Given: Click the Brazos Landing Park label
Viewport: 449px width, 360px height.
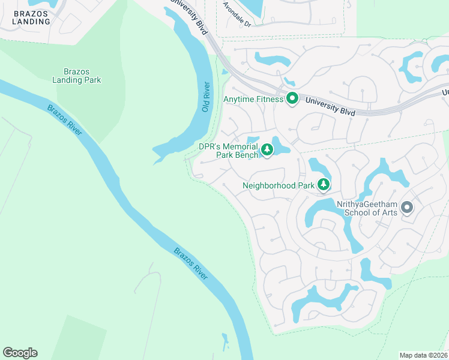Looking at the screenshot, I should [x=76, y=76].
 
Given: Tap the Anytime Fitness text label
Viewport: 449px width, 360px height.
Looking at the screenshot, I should [x=253, y=99].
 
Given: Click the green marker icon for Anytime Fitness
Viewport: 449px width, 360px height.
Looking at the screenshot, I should [x=292, y=98].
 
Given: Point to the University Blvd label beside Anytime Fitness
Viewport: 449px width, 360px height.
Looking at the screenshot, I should [x=330, y=107].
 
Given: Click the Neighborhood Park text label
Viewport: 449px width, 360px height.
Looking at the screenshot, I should [x=279, y=185].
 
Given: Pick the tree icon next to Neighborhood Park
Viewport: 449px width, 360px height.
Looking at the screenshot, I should [x=324, y=185].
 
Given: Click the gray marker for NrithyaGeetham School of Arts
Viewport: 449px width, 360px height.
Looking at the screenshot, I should [x=407, y=208].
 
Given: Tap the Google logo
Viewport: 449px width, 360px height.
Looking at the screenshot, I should [x=20, y=353].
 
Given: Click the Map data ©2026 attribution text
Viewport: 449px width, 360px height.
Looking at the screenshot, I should [x=423, y=355].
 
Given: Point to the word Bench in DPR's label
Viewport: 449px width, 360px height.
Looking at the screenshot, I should [x=247, y=155].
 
